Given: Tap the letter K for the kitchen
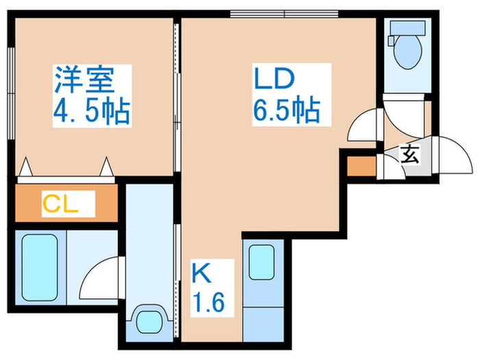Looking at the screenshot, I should click(200, 274).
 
